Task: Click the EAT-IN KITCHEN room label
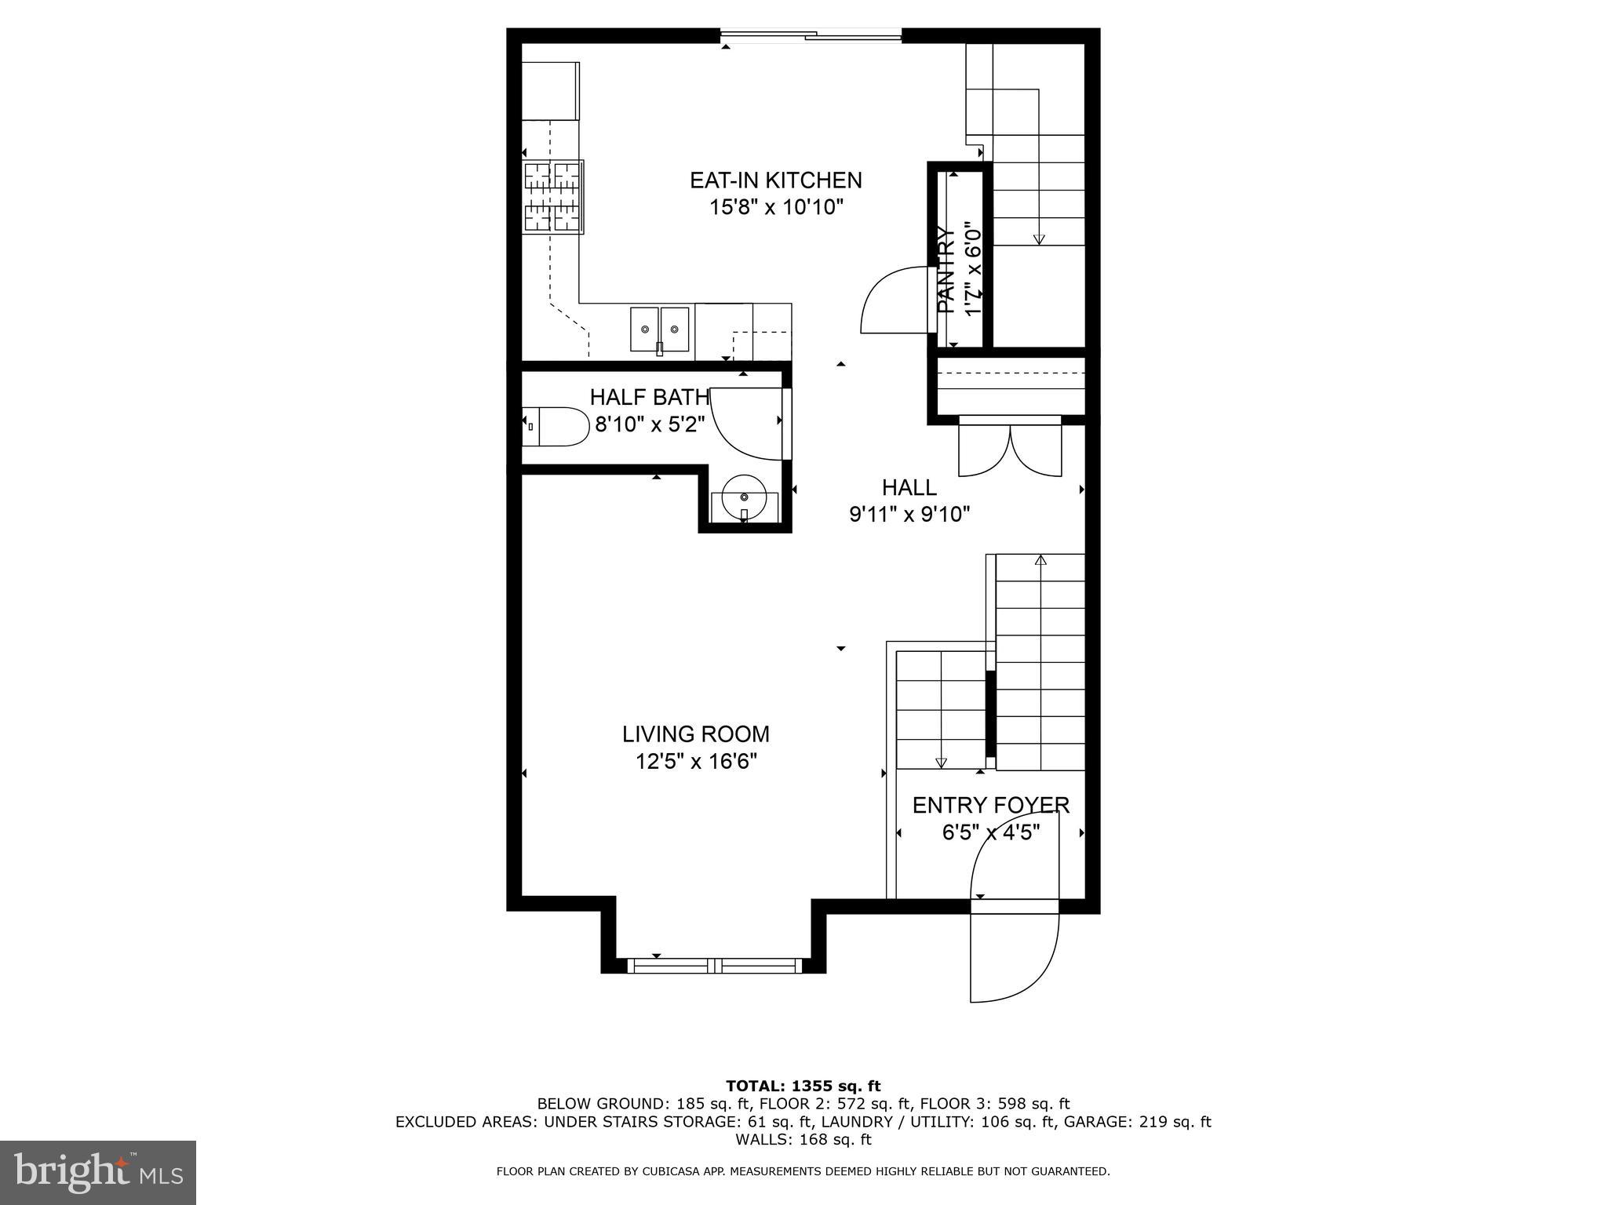[775, 180]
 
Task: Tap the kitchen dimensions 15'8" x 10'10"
[775, 208]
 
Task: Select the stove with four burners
[554, 197]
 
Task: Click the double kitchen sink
[659, 329]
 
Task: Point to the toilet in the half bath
[556, 427]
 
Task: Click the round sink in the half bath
[744, 499]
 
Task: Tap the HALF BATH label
[650, 397]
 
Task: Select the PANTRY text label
[947, 271]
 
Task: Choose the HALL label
[909, 488]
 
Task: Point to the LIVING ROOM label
[695, 734]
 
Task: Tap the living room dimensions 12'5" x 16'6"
[695, 762]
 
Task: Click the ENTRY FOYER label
[990, 806]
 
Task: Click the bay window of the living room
[714, 966]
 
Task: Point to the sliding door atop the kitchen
[811, 35]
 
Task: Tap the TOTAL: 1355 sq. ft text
[803, 1087]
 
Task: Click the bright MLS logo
[98, 1173]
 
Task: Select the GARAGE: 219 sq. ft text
[1137, 1122]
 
